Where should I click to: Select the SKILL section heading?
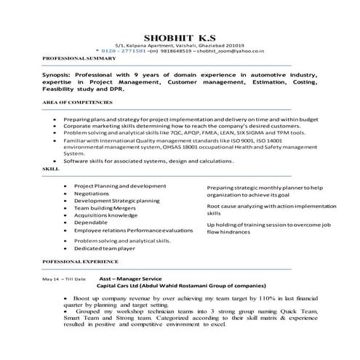pos(51,167)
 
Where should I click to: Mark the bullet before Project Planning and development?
pos(65,186)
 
